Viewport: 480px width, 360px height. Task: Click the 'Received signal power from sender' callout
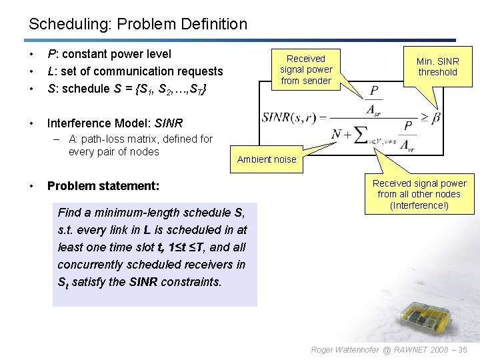click(306, 69)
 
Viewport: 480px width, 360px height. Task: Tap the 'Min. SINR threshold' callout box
click(437, 66)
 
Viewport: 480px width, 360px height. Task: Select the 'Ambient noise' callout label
click(267, 159)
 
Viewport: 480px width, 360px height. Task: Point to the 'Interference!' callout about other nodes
click(419, 194)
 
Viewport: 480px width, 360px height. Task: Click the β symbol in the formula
click(436, 118)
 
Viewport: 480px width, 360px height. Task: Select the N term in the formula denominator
click(337, 135)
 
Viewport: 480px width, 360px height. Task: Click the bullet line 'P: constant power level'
click(109, 54)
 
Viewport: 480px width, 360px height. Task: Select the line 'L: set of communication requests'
click(135, 71)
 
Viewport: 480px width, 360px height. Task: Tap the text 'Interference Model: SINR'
click(114, 123)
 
